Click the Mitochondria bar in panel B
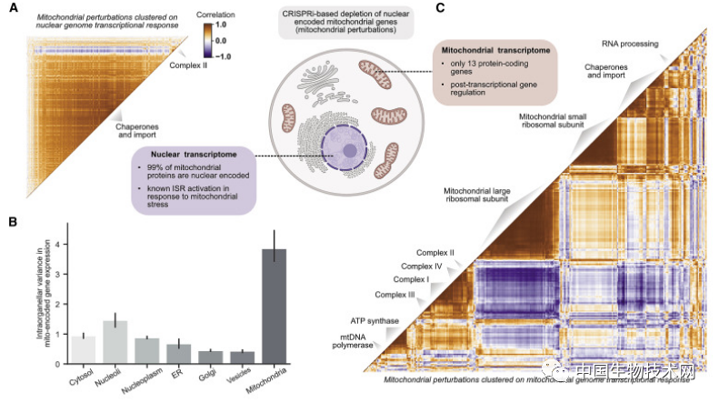275,307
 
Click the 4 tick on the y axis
61,244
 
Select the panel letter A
12,8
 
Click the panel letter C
440,8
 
